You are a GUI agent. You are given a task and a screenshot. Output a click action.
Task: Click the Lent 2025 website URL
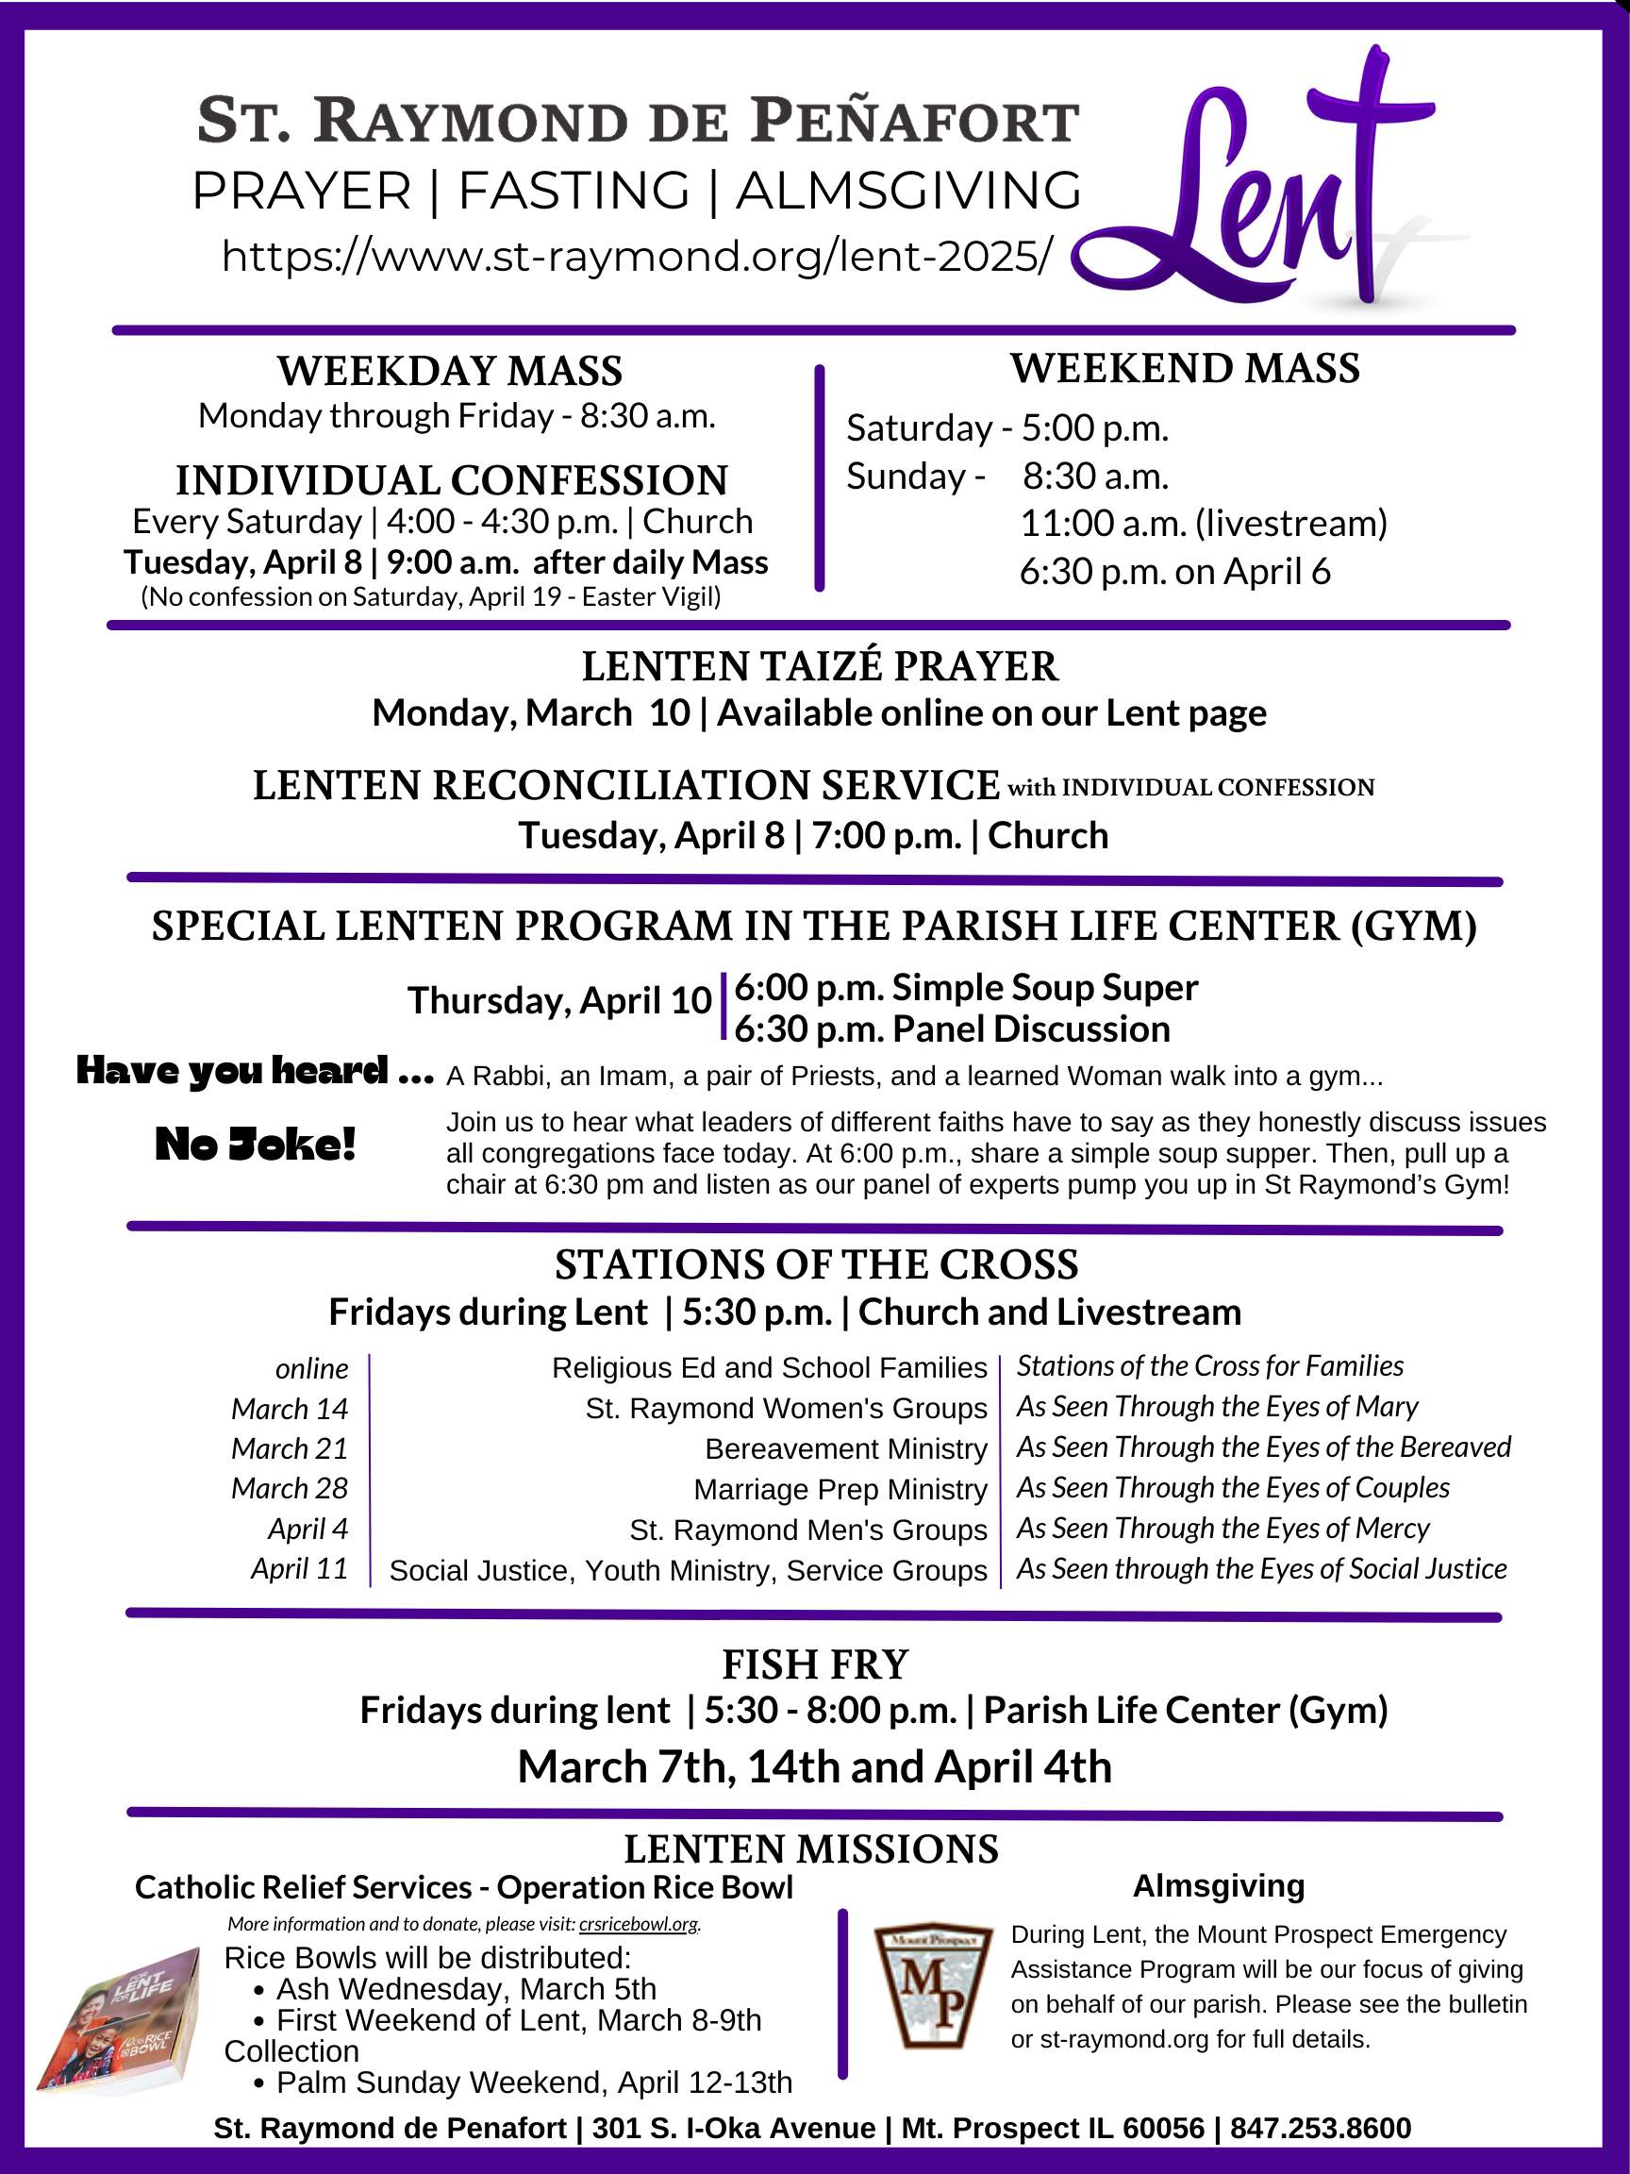point(637,257)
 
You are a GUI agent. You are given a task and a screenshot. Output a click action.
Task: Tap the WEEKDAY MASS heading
point(450,372)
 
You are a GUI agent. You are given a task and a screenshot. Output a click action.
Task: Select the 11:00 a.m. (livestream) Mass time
point(1204,524)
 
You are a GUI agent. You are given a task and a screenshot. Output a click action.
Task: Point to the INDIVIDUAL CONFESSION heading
point(452,480)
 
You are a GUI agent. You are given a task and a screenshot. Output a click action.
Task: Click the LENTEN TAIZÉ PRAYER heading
point(820,666)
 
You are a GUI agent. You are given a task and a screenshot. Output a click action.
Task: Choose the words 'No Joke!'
point(256,1145)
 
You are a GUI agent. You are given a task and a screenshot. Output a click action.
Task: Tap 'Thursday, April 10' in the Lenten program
point(559,1000)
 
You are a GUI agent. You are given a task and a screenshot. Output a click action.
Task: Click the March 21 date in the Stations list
point(290,1448)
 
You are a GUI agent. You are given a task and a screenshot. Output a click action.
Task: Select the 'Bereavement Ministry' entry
point(846,1449)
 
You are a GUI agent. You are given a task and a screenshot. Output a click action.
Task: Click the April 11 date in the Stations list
point(300,1568)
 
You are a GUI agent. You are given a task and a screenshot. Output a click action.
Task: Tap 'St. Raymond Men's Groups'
point(807,1530)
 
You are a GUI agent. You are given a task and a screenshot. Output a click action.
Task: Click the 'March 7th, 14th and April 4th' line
point(814,1767)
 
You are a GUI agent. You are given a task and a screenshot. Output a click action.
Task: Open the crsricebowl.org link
point(639,1924)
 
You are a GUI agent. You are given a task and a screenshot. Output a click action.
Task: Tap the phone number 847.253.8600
point(1321,2128)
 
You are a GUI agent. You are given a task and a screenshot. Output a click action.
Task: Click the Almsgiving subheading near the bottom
point(1219,1886)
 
